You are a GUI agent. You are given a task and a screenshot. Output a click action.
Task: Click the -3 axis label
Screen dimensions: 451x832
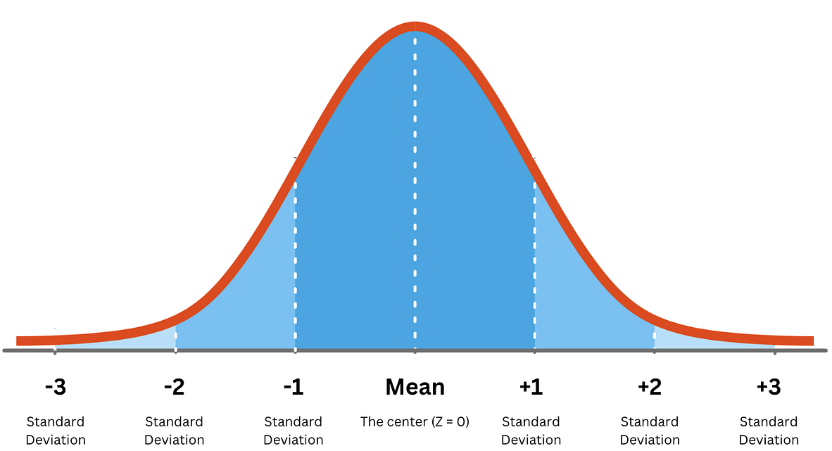55,387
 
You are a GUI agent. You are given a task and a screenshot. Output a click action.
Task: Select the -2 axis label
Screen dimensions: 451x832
174,387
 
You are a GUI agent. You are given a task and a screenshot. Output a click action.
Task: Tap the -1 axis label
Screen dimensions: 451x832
293,387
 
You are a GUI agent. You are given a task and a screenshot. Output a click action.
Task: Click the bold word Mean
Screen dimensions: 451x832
415,387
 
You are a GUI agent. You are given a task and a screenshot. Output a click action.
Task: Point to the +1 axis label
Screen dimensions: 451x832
531,387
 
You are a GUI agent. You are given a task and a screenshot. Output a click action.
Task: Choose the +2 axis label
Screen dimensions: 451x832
650,387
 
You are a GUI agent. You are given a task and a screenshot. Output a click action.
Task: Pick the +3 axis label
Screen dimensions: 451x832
769,387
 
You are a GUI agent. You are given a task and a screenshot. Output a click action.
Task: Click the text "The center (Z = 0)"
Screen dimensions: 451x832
415,421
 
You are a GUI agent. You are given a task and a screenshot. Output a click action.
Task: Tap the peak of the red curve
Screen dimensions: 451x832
415,27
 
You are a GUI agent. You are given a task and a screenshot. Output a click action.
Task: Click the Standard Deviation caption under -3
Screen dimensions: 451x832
56,431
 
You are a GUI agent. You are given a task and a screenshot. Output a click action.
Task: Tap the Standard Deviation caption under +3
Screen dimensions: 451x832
769,431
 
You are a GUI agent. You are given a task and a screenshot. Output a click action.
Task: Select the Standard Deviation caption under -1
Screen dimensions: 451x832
293,431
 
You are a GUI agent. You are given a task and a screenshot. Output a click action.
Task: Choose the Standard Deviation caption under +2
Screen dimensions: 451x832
650,431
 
